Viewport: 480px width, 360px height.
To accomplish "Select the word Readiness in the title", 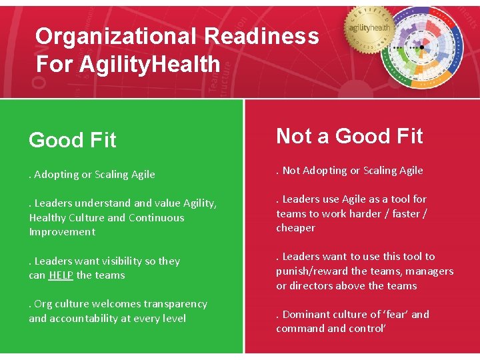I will [262, 36].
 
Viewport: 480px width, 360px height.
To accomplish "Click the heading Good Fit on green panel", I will [73, 140].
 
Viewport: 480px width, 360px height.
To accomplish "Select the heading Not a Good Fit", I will [349, 136].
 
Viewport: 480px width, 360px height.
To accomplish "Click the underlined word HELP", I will [61, 275].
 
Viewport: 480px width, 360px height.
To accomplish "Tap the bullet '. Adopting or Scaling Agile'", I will [92, 175].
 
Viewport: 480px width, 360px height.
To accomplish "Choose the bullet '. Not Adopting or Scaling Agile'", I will [349, 171].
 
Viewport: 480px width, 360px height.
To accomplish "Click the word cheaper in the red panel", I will [296, 228].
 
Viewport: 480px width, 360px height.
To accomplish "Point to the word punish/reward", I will [312, 271].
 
